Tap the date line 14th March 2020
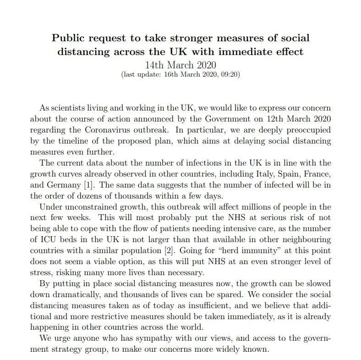[180, 64]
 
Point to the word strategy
[74, 349]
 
